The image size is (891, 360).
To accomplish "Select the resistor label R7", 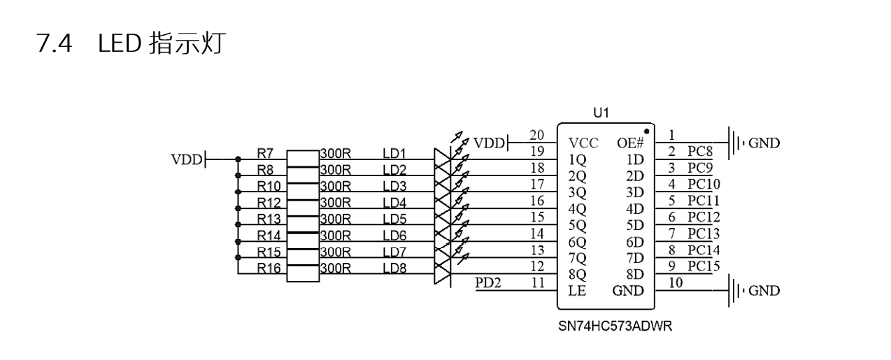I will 265,152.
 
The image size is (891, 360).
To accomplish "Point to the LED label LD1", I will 394,152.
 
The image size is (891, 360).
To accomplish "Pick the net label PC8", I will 700,152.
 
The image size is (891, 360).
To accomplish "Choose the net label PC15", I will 703,266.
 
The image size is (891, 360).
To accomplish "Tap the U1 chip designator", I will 601,113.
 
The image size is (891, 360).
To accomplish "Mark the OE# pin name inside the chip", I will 629,143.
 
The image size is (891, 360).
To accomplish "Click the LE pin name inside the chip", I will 577,291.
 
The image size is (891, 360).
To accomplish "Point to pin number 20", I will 537,135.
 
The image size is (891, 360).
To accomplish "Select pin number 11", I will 537,282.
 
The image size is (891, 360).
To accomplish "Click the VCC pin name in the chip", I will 584,143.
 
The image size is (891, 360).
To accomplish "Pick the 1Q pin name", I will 578,159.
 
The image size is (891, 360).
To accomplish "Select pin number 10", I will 675,282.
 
